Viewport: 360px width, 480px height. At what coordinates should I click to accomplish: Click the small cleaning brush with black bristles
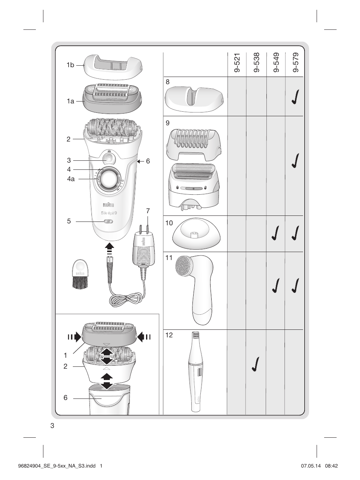click(80, 275)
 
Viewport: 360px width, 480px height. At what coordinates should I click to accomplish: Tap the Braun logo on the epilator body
click(109, 205)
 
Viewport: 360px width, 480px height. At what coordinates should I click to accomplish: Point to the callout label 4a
click(71, 179)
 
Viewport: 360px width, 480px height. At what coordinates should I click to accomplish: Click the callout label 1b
click(71, 65)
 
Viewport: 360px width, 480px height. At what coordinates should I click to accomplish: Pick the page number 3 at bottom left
click(52, 426)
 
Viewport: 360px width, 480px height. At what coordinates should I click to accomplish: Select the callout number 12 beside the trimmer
click(169, 335)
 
